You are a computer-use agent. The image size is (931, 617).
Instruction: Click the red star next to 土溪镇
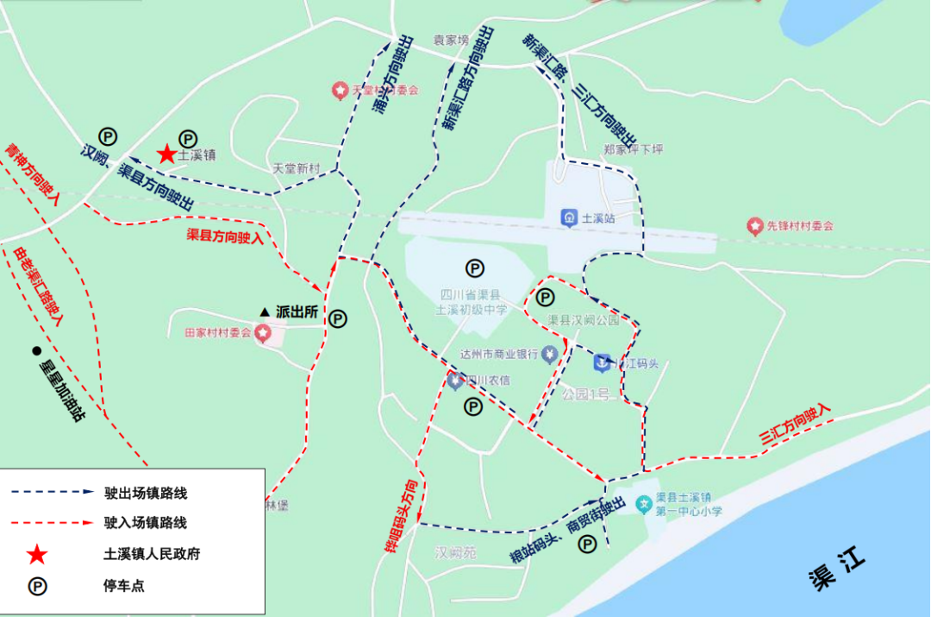click(166, 154)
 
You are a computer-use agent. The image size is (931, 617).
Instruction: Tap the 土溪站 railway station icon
click(569, 217)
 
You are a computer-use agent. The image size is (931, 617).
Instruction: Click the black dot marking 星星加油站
click(36, 350)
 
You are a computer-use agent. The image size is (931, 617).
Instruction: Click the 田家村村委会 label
click(217, 332)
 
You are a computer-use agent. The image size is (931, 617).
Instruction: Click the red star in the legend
click(38, 553)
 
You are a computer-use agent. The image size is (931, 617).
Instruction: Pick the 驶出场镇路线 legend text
click(146, 494)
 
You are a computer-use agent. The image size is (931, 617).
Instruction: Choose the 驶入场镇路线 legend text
click(146, 523)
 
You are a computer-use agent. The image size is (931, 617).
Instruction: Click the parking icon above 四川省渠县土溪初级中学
click(474, 268)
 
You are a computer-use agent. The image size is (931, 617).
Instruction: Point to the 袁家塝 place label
click(450, 40)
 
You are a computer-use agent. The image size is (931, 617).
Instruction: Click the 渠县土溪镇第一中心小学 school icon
click(643, 503)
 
